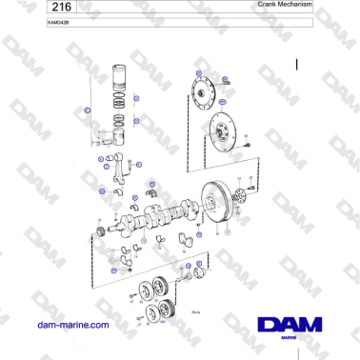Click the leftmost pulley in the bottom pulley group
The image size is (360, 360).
point(146,290)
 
